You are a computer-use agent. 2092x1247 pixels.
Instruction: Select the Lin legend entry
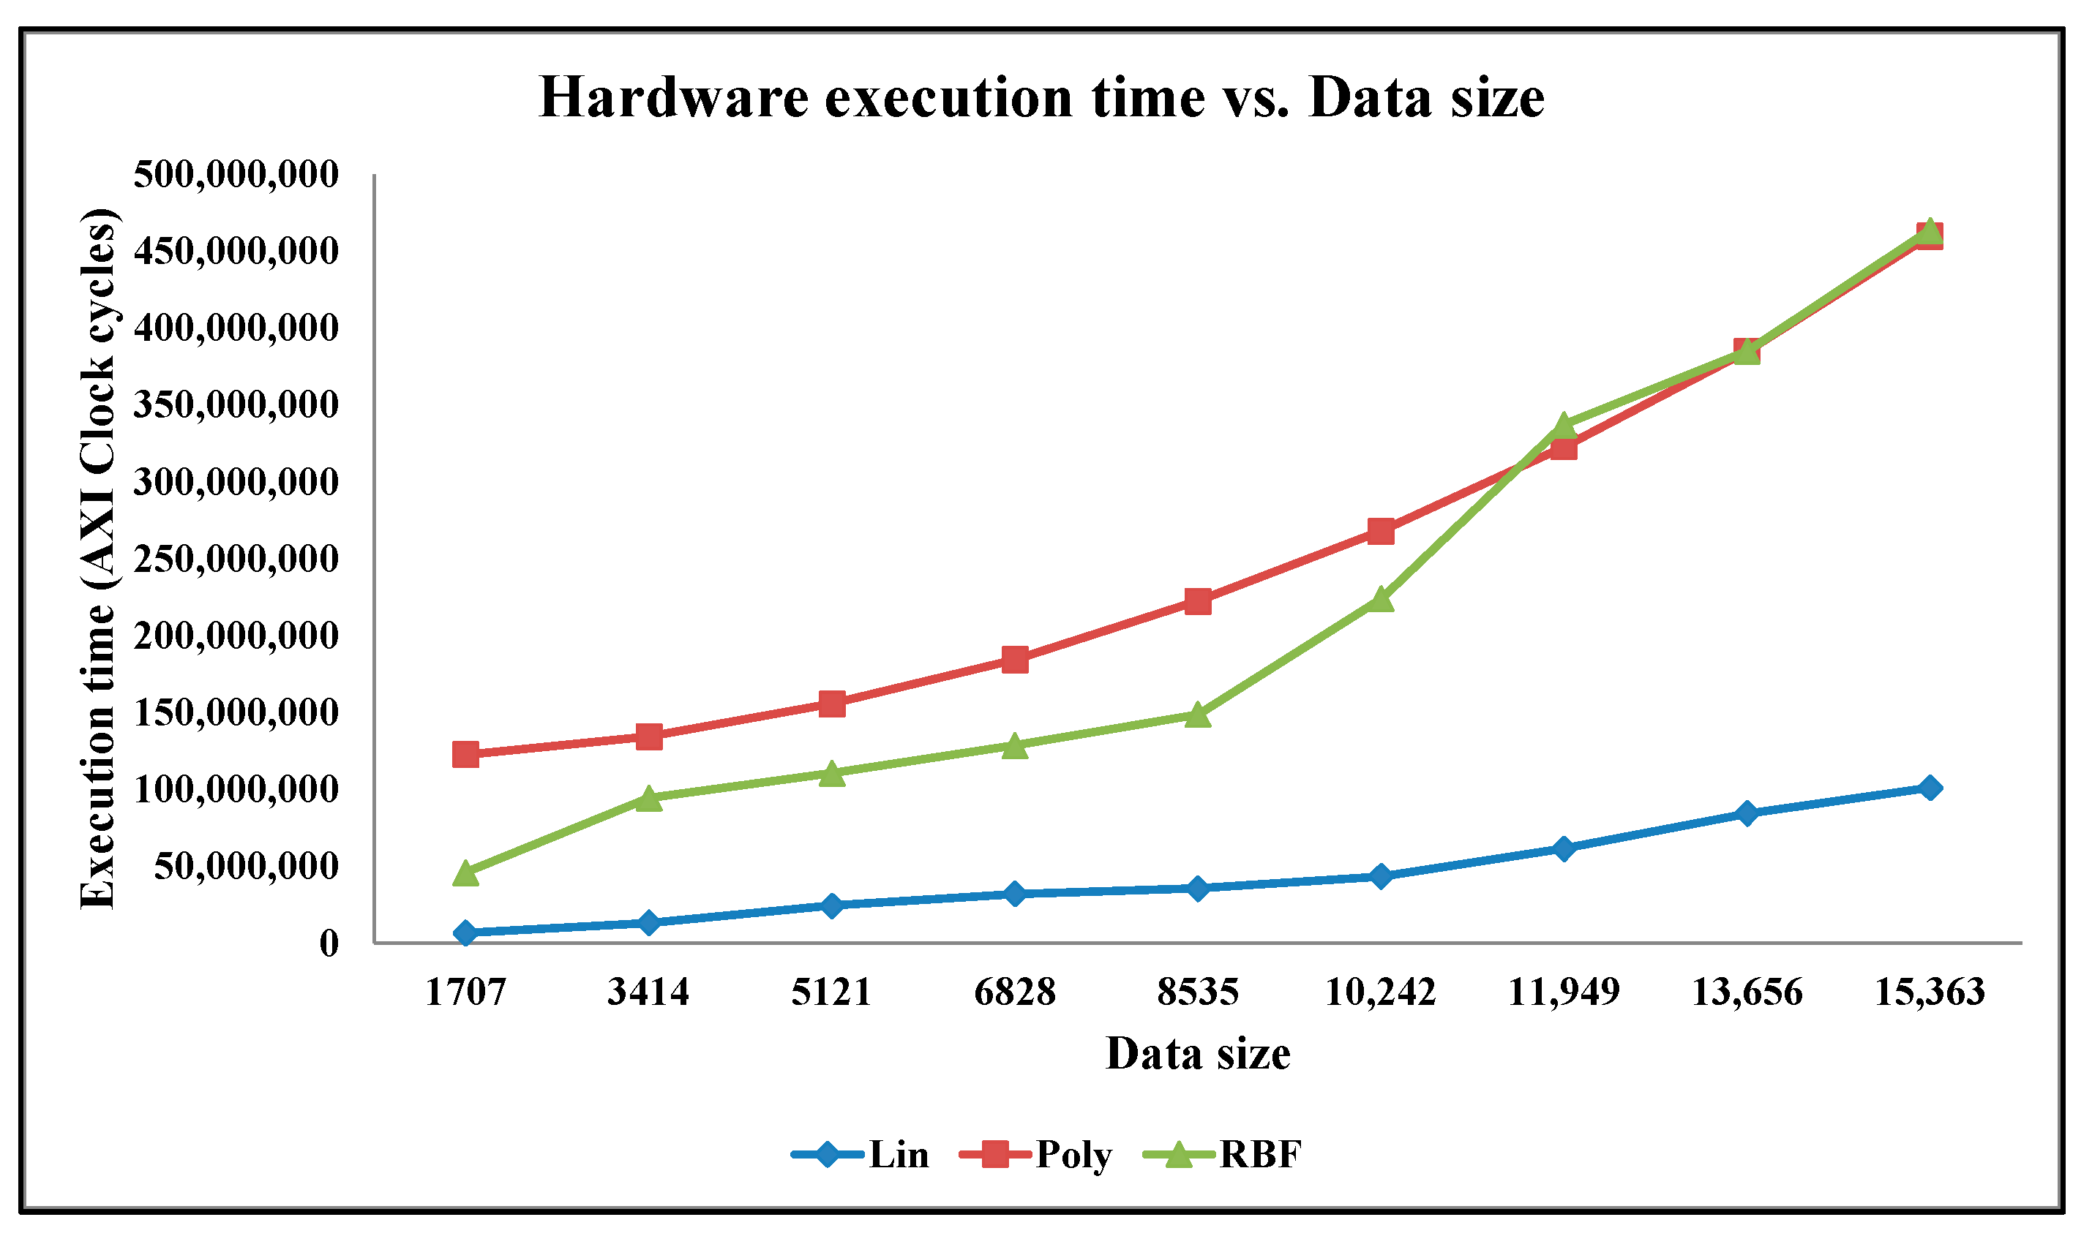point(861,1155)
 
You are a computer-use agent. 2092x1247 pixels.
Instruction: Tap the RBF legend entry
point(1223,1155)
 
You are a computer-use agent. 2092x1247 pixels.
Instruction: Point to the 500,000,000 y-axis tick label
point(236,175)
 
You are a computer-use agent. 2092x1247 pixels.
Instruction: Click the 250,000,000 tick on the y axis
point(236,559)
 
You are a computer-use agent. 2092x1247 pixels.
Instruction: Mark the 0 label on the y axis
point(329,943)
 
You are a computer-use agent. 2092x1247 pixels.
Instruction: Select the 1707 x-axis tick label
point(465,992)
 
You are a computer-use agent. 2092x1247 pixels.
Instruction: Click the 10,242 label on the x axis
point(1380,992)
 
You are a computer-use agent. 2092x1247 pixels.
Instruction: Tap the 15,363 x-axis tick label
point(1930,992)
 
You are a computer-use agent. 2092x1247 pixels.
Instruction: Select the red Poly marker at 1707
point(465,755)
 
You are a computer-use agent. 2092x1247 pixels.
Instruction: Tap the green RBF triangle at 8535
point(1198,715)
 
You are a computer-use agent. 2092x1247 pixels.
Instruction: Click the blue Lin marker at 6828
point(1014,894)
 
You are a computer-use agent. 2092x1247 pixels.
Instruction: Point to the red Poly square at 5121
point(831,704)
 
